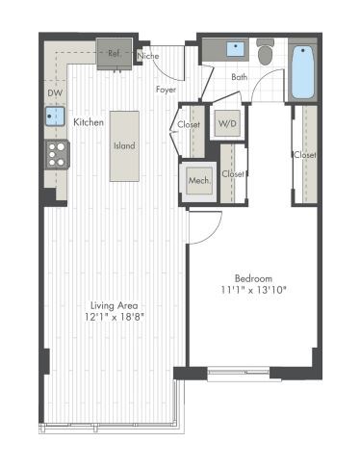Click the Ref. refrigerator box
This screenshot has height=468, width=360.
click(114, 52)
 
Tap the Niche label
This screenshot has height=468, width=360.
click(148, 57)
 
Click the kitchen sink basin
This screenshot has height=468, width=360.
click(53, 117)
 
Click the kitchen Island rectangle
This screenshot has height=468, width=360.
click(124, 145)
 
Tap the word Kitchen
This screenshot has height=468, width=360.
click(89, 122)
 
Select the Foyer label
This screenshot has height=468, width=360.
click(166, 90)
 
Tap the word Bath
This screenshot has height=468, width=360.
click(240, 77)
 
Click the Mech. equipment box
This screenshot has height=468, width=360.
click(199, 180)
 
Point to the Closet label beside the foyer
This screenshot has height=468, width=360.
click(189, 124)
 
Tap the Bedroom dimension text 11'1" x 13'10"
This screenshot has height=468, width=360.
click(254, 289)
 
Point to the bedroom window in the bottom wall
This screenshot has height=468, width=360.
click(239, 372)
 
